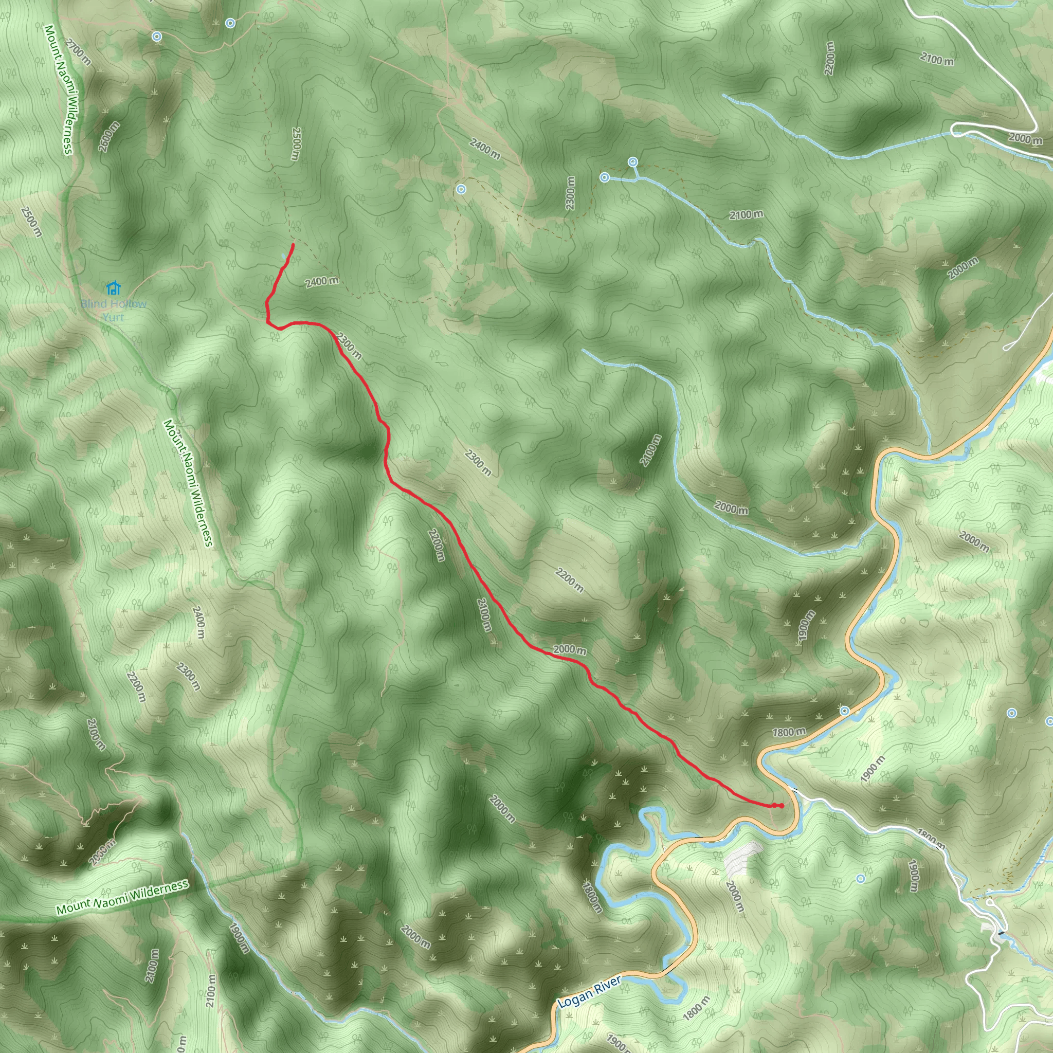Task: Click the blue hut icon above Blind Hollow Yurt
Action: [x=113, y=287]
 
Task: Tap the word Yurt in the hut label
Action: [x=113, y=317]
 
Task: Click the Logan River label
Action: [x=589, y=992]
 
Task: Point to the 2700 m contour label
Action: [x=78, y=52]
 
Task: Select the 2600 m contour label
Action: [x=109, y=136]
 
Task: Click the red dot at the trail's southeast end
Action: [x=781, y=806]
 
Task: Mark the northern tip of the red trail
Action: [x=294, y=245]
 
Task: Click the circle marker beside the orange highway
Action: [x=844, y=711]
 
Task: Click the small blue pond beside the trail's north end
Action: [x=284, y=256]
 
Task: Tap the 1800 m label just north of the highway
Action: [x=789, y=732]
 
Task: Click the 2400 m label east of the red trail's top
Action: [x=321, y=281]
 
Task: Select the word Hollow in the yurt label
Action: [x=128, y=303]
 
